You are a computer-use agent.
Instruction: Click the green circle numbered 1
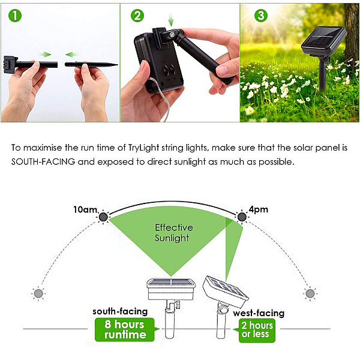point(15,16)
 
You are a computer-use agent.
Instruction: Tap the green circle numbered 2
point(137,16)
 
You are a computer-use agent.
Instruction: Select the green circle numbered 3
point(261,16)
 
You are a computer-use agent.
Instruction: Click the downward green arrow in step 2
point(170,20)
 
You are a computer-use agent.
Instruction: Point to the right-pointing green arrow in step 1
point(45,55)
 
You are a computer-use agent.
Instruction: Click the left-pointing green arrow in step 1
point(71,55)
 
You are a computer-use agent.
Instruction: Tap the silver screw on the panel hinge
point(172,35)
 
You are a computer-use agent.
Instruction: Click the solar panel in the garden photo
point(324,41)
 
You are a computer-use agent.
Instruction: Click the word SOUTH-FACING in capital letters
point(43,162)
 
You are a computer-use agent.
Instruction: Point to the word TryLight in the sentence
point(144,148)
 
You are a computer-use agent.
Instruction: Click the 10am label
point(85,209)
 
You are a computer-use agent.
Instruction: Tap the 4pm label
point(258,209)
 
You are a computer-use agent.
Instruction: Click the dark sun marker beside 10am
point(103,217)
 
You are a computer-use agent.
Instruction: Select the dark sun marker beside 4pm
point(242,217)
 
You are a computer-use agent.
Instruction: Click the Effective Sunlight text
point(174,233)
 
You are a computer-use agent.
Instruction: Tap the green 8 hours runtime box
point(125,329)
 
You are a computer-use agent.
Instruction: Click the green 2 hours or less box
point(257,330)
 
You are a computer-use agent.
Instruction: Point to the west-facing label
point(259,313)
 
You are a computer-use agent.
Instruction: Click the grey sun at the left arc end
point(38,293)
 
